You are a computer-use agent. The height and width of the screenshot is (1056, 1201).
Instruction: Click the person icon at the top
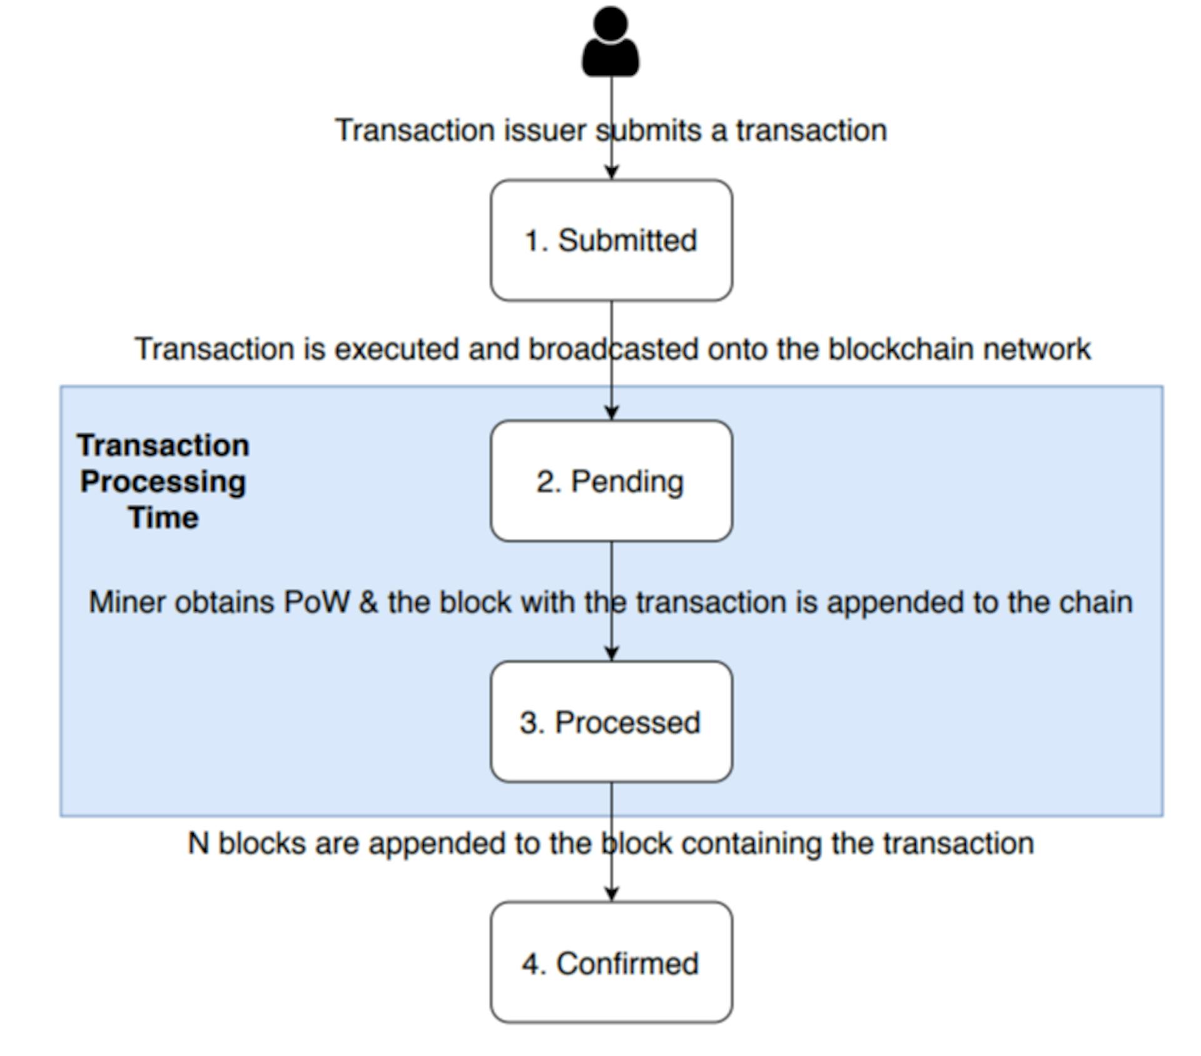[611, 43]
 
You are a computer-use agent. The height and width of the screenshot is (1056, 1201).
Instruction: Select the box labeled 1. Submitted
[611, 241]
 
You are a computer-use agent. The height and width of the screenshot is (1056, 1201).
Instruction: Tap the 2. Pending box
[611, 481]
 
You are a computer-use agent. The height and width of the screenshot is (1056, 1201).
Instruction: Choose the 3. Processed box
[611, 722]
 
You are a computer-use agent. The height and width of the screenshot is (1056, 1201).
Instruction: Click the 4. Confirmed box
[611, 962]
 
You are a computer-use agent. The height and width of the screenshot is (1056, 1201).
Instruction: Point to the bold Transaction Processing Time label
[163, 481]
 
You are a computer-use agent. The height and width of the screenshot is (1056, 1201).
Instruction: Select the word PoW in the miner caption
[316, 602]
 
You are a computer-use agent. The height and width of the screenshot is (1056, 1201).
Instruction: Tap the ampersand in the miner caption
[368, 602]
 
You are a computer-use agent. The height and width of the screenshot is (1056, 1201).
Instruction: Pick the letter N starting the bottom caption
[198, 843]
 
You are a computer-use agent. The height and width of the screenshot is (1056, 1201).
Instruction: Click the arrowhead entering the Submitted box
[612, 172]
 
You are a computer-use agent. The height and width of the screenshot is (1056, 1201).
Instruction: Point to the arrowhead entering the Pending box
[612, 412]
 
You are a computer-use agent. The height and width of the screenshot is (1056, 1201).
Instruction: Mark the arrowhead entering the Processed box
[612, 653]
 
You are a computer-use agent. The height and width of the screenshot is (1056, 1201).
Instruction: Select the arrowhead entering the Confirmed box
[612, 893]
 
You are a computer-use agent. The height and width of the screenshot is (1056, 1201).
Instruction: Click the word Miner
[128, 602]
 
